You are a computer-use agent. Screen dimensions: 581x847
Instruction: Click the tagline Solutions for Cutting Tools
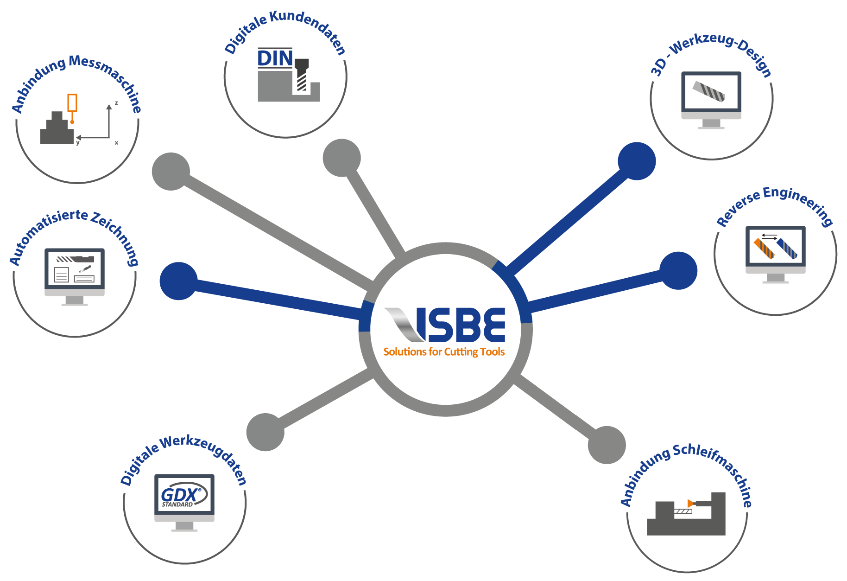point(444,352)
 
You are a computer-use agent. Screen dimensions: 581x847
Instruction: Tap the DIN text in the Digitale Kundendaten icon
point(275,59)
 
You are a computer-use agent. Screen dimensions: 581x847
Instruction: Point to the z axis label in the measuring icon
point(116,103)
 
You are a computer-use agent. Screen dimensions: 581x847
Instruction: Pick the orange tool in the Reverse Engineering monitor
point(764,248)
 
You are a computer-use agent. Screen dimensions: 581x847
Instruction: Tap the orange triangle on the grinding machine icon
point(690,503)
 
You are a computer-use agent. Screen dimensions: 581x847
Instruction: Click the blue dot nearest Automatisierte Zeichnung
point(178,281)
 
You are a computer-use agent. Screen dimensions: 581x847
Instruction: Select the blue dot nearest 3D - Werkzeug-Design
point(637,161)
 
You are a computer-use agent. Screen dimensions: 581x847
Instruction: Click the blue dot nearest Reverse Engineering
point(678,271)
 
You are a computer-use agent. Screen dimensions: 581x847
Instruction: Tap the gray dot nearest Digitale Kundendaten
point(341,158)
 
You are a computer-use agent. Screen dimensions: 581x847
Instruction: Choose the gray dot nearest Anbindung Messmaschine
point(171,172)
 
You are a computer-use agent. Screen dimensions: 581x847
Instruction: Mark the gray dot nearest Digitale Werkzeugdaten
point(265,432)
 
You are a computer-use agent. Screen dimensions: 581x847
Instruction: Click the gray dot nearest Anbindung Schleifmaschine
point(607,445)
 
